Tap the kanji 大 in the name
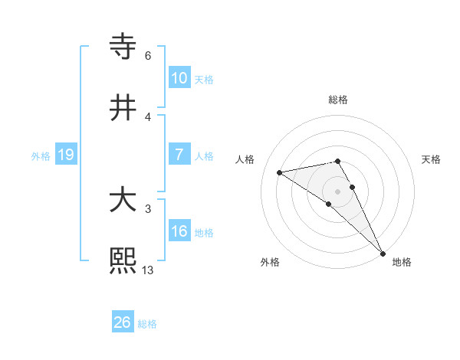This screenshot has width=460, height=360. pyautogui.click(x=123, y=201)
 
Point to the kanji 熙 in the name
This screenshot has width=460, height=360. pyautogui.click(x=123, y=260)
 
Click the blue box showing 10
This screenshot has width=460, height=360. pyautogui.click(x=179, y=77)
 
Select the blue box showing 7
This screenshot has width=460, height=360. pyautogui.click(x=179, y=155)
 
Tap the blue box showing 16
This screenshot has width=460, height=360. pyautogui.click(x=179, y=231)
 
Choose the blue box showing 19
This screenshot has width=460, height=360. pyautogui.click(x=66, y=155)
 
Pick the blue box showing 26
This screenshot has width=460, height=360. pyautogui.click(x=123, y=322)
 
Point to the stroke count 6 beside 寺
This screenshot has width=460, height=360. pyautogui.click(x=148, y=55)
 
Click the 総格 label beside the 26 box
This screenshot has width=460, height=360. pyautogui.click(x=147, y=324)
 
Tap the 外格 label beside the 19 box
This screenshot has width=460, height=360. pyautogui.click(x=41, y=156)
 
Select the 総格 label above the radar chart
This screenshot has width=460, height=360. pyautogui.click(x=338, y=100)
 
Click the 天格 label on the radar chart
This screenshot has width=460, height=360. pyautogui.click(x=431, y=159)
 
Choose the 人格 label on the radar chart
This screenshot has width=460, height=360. pyautogui.click(x=246, y=159)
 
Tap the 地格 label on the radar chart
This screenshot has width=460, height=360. pyautogui.click(x=402, y=262)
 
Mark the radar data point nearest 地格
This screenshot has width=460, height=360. pyautogui.click(x=383, y=254)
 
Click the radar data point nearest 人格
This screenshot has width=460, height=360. pyautogui.click(x=279, y=172)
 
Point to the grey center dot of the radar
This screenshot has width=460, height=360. pyautogui.click(x=338, y=191)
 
